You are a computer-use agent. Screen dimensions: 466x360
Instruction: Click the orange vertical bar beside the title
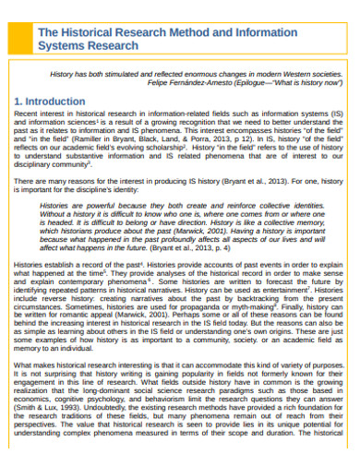pyautogui.click(x=28, y=39)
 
